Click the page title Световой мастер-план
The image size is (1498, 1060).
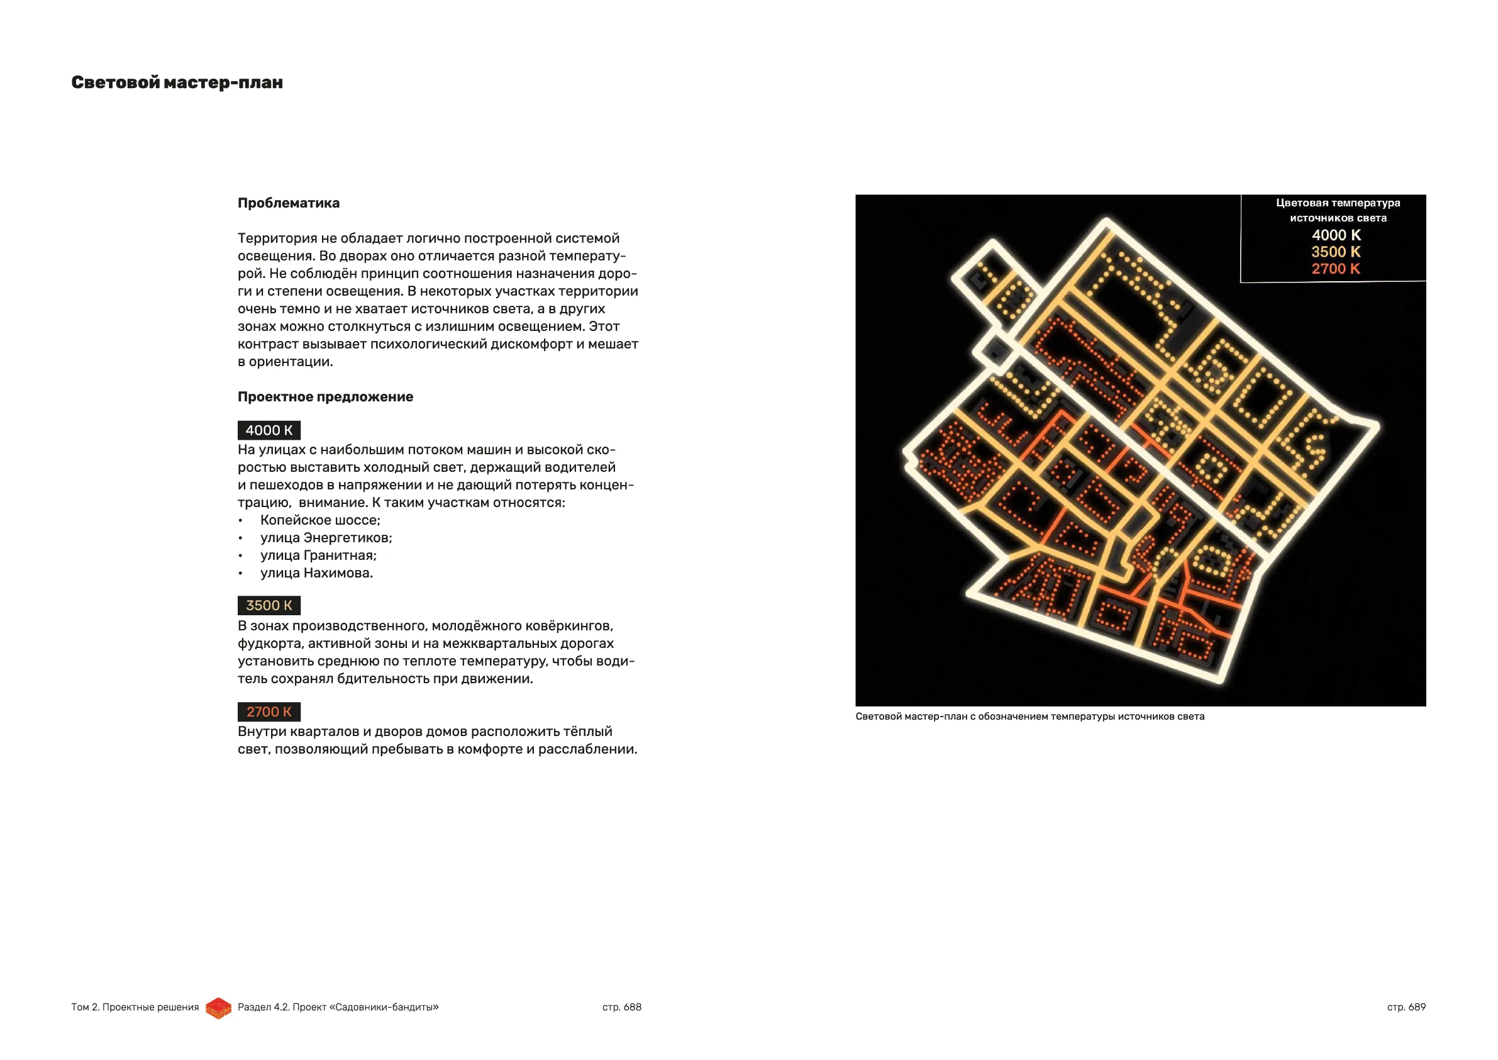[x=177, y=83]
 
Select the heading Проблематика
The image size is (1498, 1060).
[x=289, y=203]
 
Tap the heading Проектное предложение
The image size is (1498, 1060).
[x=325, y=397]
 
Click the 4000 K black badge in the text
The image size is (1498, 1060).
[x=269, y=430]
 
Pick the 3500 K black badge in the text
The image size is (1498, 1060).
[x=269, y=606]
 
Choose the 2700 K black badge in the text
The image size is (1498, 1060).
[x=269, y=711]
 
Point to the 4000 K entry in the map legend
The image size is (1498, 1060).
[x=1336, y=235]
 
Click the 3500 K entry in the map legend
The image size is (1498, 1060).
[x=1336, y=252]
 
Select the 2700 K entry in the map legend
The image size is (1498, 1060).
[x=1336, y=269]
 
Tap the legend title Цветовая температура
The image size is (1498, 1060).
[x=1338, y=203]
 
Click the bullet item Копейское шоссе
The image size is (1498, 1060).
[x=319, y=520]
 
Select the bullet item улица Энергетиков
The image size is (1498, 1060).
[x=326, y=538]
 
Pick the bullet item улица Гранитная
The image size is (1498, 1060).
[x=318, y=555]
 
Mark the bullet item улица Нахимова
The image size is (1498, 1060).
[x=316, y=573]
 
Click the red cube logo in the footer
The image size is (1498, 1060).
[x=219, y=1008]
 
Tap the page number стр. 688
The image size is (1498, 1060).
[x=622, y=1007]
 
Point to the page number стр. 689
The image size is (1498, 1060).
[x=1406, y=1007]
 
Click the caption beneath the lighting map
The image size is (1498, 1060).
[x=1029, y=717]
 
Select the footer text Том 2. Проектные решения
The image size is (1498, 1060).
[x=135, y=1007]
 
